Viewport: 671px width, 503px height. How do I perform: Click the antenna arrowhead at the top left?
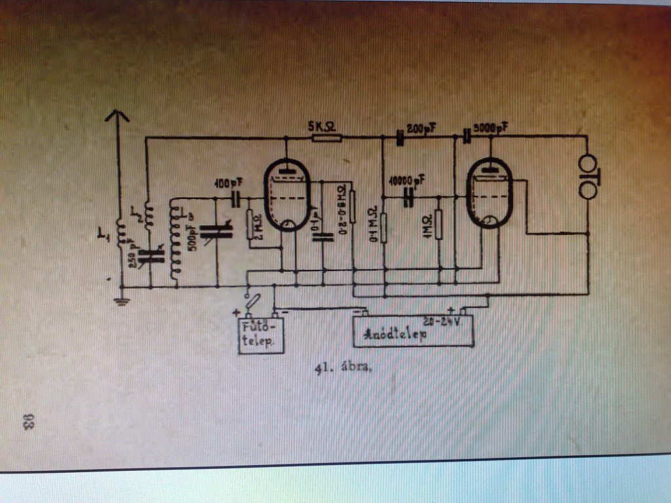point(118,117)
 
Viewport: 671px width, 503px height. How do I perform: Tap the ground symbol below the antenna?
point(121,301)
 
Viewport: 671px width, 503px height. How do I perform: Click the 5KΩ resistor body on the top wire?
point(326,138)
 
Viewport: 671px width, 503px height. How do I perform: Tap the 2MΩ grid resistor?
point(251,225)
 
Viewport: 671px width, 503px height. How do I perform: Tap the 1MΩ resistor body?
point(438,225)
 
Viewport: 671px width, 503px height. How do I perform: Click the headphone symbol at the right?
point(588,176)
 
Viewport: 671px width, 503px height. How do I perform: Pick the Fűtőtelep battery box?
point(261,334)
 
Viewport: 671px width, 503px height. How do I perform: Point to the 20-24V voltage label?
point(443,322)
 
